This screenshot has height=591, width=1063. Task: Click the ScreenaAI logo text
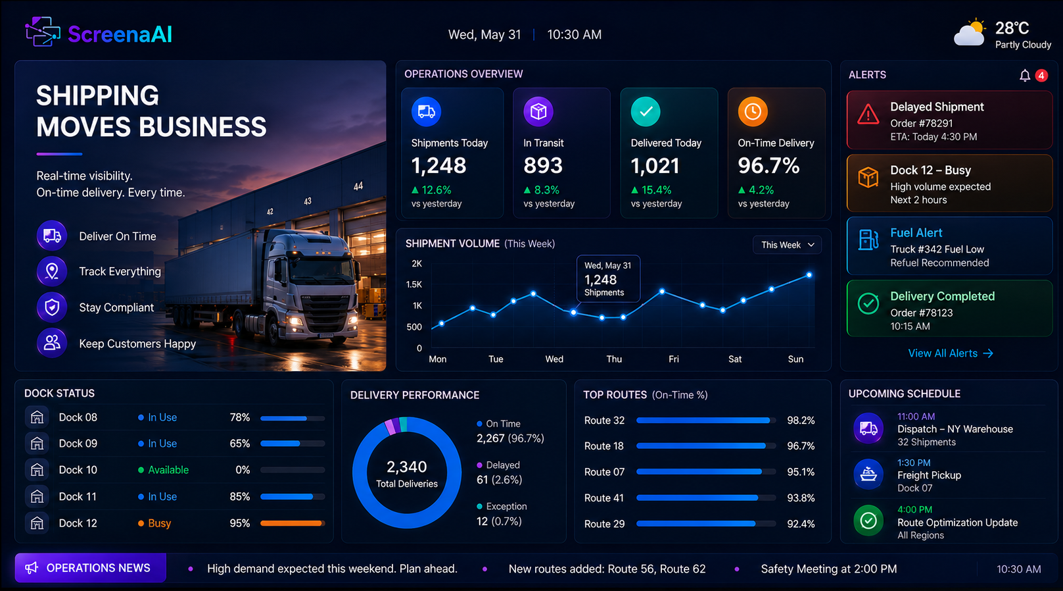(120, 34)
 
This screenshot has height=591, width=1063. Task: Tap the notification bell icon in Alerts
(1025, 76)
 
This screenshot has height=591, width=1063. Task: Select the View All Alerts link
(950, 353)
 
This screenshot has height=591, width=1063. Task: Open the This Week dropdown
(788, 245)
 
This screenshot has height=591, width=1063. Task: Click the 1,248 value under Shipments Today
(438, 166)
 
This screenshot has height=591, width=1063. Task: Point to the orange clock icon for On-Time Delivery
(753, 112)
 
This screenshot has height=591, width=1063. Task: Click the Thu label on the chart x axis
(614, 359)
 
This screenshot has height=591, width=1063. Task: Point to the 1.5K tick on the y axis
(413, 284)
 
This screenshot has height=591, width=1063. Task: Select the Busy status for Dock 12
(160, 523)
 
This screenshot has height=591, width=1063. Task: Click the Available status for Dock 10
(168, 470)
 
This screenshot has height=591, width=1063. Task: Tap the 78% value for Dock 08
(240, 417)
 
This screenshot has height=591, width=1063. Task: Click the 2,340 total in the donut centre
(407, 467)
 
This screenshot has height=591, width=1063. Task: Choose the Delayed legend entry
(502, 465)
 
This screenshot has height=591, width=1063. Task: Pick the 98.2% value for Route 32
(801, 421)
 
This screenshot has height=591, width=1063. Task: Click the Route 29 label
(604, 524)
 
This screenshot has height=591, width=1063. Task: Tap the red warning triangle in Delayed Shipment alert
(868, 115)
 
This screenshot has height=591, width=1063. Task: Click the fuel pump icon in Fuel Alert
(868, 240)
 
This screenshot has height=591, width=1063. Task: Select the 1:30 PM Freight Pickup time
(914, 463)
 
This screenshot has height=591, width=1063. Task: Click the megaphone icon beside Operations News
(32, 568)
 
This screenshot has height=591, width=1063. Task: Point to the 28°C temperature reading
(1012, 28)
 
